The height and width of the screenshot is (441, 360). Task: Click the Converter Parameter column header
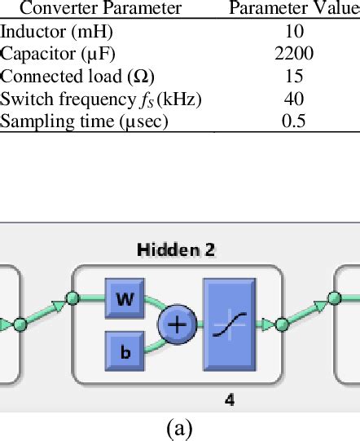point(100,10)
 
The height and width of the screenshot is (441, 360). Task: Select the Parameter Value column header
point(294,10)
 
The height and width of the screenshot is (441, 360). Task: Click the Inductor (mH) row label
point(57,33)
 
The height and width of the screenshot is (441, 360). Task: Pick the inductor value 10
point(295,33)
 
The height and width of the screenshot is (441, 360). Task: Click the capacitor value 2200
point(294,55)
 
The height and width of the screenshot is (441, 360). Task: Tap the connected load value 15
point(294,77)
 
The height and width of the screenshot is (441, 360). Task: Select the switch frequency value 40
point(294,99)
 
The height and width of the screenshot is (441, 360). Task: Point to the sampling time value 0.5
point(294,121)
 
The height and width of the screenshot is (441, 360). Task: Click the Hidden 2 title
point(176,250)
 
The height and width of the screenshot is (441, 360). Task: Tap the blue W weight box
point(125,299)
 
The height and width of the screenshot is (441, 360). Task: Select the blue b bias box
point(125,351)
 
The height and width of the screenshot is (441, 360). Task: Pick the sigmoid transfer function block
point(229,324)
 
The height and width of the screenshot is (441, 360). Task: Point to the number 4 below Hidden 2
point(230,399)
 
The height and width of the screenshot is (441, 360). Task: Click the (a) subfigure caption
point(178,429)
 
